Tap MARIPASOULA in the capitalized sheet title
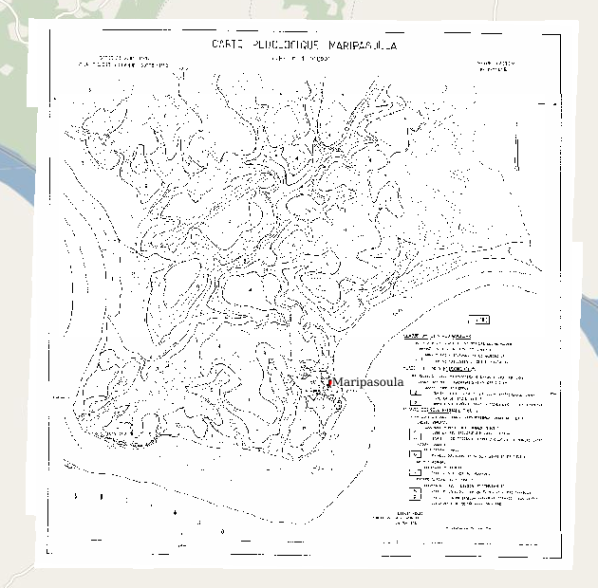pos(363,45)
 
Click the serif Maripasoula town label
pos(368,382)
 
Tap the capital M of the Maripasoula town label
pos(338,382)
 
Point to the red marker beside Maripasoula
pos(329,382)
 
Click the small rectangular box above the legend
pos(480,320)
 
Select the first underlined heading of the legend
pos(438,336)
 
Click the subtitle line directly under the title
pos(302,58)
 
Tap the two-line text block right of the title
pos(496,66)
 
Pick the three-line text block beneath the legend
pos(408,518)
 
